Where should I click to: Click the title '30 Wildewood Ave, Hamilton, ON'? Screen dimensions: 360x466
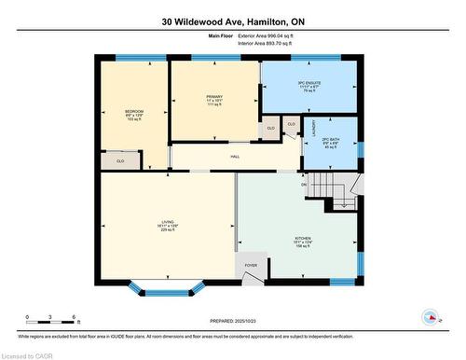point(233,21)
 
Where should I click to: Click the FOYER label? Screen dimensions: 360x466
point(251,266)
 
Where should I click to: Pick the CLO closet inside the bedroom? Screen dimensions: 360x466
point(120,161)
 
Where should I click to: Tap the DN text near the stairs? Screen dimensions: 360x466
point(304,185)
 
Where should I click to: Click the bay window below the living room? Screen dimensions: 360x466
point(169,287)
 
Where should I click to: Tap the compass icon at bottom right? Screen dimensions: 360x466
point(432,317)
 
